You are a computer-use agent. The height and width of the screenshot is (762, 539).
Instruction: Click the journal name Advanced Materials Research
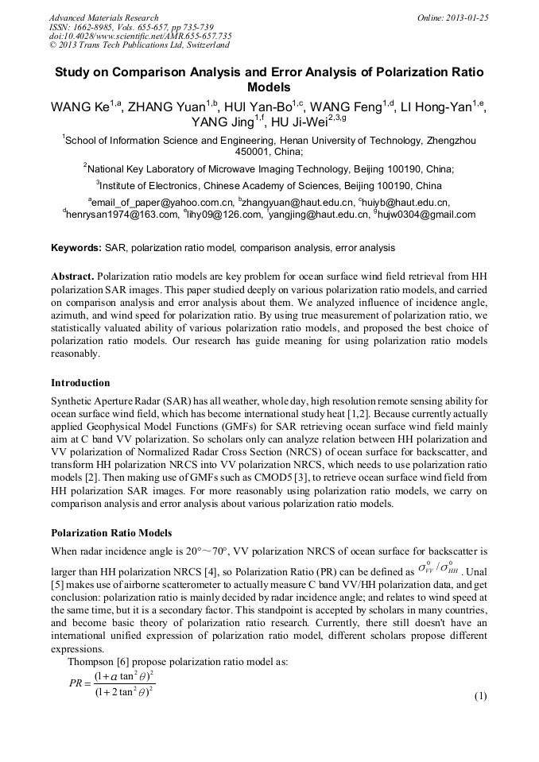click(103, 17)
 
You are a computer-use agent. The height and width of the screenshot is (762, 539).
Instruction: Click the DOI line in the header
click(140, 37)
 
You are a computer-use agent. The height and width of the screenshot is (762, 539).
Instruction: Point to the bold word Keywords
click(76, 248)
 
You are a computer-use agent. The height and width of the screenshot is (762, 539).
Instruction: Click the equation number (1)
click(479, 697)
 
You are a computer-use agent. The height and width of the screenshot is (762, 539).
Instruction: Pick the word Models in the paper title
click(269, 87)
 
